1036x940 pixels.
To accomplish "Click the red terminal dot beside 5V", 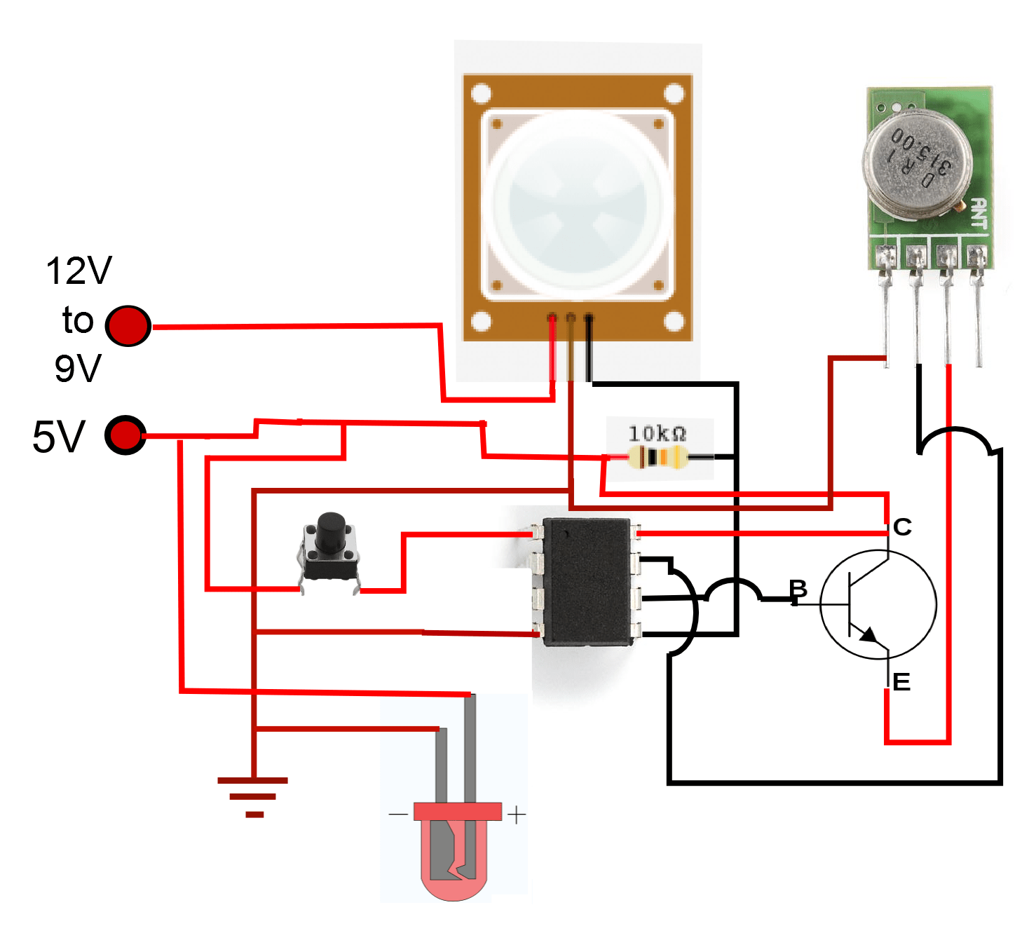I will [x=125, y=435].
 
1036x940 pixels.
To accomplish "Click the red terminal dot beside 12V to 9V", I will [x=128, y=326].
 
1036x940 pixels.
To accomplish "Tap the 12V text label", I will [x=79, y=271].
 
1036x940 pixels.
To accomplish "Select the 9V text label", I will [x=78, y=369].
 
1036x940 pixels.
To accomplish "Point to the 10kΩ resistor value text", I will [x=657, y=433].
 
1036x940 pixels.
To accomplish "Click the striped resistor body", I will [x=658, y=458].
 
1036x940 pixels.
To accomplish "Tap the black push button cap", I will [x=330, y=531].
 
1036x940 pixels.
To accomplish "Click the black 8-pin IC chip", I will [x=587, y=581].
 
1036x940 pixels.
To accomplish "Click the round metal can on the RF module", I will [x=917, y=161].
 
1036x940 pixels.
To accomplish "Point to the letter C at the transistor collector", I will [x=902, y=527].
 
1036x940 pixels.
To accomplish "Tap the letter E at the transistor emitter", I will [x=901, y=682].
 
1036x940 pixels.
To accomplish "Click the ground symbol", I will [x=253, y=796].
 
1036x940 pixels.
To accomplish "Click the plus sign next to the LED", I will [x=516, y=815].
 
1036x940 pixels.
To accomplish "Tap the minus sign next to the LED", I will [x=397, y=815].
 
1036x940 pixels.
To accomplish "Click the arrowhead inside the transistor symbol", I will [x=868, y=635].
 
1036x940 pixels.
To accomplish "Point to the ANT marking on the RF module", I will [x=979, y=214].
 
